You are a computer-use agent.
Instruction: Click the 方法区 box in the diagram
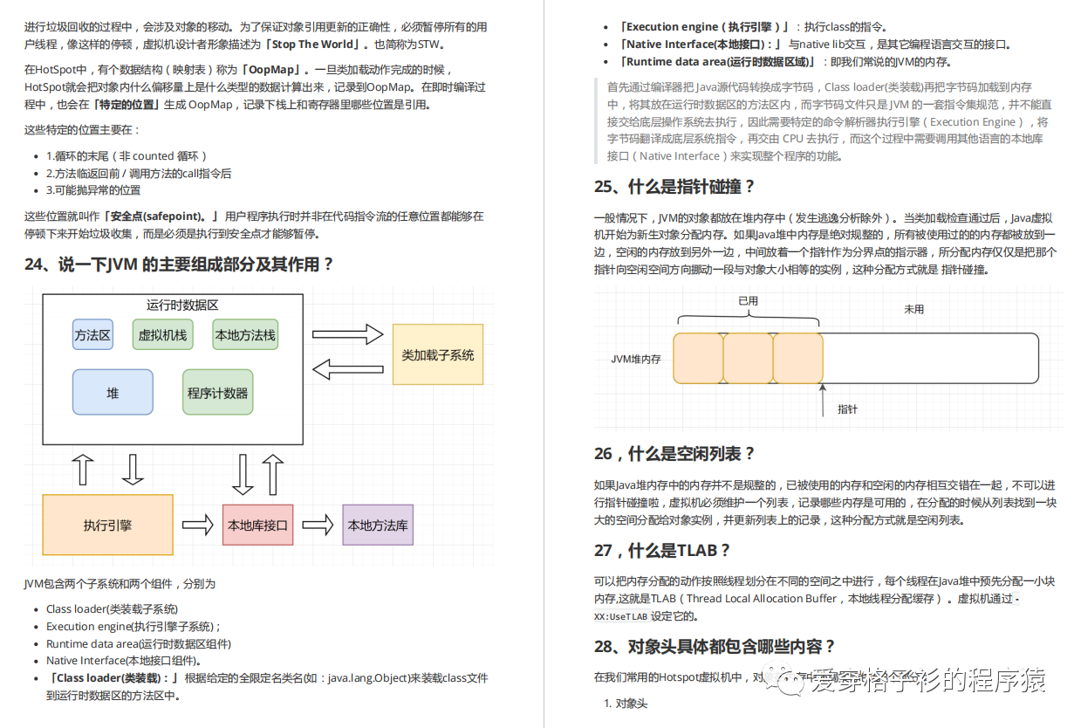pyautogui.click(x=92, y=335)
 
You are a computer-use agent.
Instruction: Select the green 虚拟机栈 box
pyautogui.click(x=162, y=335)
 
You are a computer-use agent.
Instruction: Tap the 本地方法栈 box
pyautogui.click(x=245, y=335)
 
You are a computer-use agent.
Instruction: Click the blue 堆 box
pyautogui.click(x=113, y=393)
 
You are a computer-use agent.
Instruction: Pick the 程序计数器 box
pyautogui.click(x=217, y=393)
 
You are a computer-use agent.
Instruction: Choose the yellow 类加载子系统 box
pyautogui.click(x=438, y=354)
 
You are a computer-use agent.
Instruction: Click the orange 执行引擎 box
pyautogui.click(x=107, y=525)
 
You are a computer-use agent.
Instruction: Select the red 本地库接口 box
pyautogui.click(x=257, y=525)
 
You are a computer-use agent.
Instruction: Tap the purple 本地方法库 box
pyautogui.click(x=378, y=525)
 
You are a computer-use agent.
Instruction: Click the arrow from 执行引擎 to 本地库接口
pyautogui.click(x=198, y=525)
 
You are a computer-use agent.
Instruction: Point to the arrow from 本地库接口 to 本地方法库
pyautogui.click(x=318, y=525)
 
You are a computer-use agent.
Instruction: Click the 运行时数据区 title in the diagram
pyautogui.click(x=182, y=306)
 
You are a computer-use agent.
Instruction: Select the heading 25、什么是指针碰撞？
pyautogui.click(x=674, y=187)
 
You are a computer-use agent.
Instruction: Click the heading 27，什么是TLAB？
pyautogui.click(x=662, y=550)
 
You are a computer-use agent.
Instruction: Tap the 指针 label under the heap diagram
pyautogui.click(x=847, y=409)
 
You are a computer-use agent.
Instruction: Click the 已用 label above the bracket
pyautogui.click(x=748, y=300)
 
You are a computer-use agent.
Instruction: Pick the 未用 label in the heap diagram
pyautogui.click(x=913, y=309)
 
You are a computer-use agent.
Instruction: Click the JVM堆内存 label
pyautogui.click(x=636, y=359)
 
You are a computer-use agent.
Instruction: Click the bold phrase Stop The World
pyautogui.click(x=313, y=45)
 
